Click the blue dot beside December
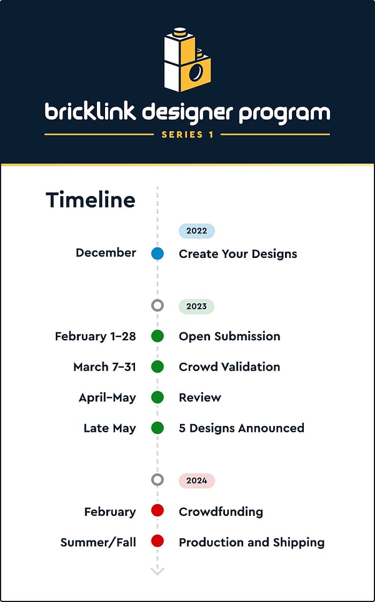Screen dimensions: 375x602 (157, 254)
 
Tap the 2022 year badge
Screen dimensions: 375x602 (197, 231)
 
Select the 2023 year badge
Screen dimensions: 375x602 (196, 307)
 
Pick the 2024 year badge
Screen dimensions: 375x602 (197, 481)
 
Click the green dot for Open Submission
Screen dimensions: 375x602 (157, 336)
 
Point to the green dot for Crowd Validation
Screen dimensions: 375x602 (157, 367)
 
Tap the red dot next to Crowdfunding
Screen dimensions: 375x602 (157, 510)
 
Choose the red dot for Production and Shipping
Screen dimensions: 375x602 (157, 541)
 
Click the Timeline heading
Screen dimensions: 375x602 (91, 200)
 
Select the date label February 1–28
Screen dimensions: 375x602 (95, 337)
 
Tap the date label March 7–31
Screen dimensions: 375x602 (104, 367)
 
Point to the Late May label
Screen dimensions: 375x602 (110, 428)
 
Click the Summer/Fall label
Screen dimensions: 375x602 (98, 543)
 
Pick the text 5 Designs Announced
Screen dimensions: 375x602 (241, 428)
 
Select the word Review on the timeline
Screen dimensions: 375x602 (200, 398)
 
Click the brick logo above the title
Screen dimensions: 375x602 (187, 59)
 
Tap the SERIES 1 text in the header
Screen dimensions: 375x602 (187, 135)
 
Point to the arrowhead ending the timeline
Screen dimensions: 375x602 (157, 571)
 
